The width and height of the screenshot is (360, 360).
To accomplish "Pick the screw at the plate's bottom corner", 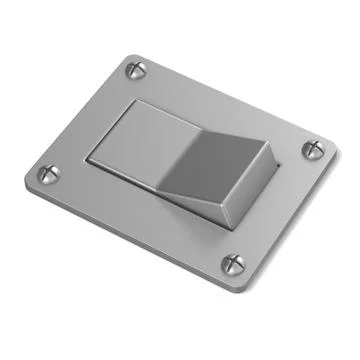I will pyautogui.click(x=233, y=263).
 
